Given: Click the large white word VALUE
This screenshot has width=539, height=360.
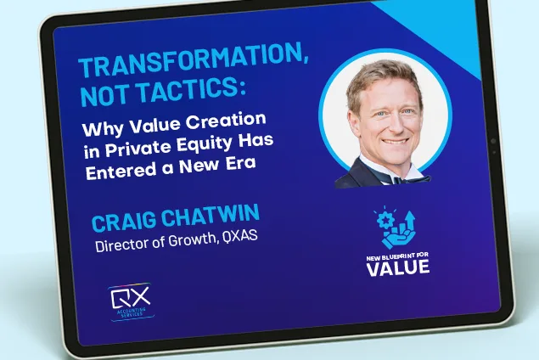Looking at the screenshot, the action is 398,267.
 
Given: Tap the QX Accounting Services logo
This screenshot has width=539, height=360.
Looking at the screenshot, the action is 131,302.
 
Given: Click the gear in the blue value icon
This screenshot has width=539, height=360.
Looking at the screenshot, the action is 384,220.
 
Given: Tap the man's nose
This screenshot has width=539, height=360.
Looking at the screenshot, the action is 395,125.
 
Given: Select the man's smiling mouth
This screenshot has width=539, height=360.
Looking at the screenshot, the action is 396,141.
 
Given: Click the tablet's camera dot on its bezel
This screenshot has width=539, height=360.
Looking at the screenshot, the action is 494,141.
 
